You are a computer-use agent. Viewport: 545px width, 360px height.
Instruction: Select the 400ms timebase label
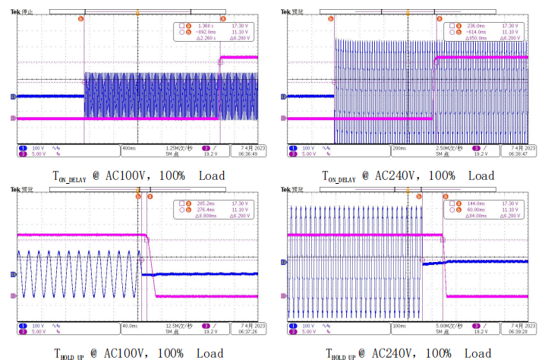point(131,147)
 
